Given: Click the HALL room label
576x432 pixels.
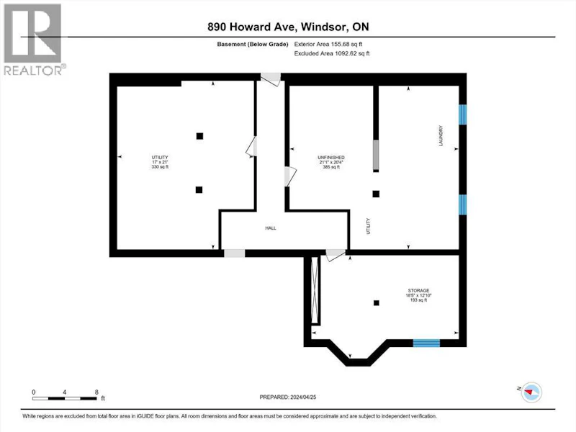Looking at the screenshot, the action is pyautogui.click(x=271, y=228).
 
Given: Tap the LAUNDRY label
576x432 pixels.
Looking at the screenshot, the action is pyautogui.click(x=441, y=135).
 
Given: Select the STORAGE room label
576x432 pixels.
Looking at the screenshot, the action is pyautogui.click(x=418, y=291).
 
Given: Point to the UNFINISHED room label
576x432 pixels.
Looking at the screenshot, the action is pyautogui.click(x=331, y=158).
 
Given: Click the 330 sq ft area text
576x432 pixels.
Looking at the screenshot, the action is pyautogui.click(x=160, y=167).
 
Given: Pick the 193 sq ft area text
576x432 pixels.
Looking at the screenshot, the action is pyautogui.click(x=418, y=300).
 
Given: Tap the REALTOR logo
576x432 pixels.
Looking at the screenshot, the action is pyautogui.click(x=34, y=40).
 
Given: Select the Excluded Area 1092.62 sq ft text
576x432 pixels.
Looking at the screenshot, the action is pyautogui.click(x=332, y=53).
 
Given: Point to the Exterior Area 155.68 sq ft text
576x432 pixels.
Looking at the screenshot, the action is pyautogui.click(x=328, y=44).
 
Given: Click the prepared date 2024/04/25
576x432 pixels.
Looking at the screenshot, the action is pyautogui.click(x=303, y=397).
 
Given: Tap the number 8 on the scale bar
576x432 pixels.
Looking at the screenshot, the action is pyautogui.click(x=96, y=392).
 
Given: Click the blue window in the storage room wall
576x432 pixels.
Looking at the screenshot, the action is pyautogui.click(x=426, y=343).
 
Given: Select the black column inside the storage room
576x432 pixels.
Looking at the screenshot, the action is pyautogui.click(x=376, y=303).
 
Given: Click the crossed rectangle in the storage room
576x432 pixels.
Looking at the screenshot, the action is pyautogui.click(x=315, y=290).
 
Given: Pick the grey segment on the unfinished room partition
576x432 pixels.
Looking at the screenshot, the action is pyautogui.click(x=376, y=155).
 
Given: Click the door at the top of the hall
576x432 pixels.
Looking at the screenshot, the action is pyautogui.click(x=271, y=79).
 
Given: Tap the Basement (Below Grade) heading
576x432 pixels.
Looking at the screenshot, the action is pyautogui.click(x=253, y=44).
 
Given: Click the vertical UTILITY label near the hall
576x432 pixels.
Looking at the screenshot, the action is pyautogui.click(x=369, y=226).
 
